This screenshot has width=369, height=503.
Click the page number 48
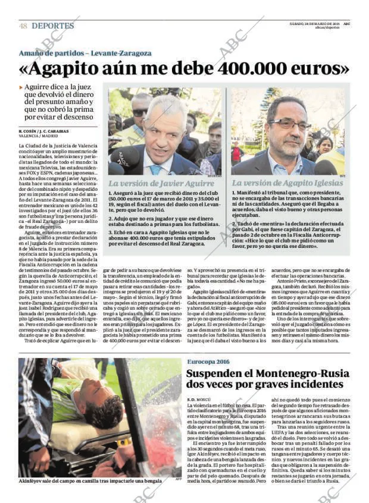[x=23, y=26]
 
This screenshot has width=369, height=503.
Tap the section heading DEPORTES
[x=53, y=26]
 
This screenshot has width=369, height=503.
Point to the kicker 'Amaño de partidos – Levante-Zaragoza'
[x=85, y=53]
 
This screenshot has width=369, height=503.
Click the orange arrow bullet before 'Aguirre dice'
[x=21, y=87]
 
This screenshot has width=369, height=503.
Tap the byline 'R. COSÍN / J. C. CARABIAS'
[x=42, y=131]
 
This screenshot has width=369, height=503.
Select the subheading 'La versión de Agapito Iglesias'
[x=287, y=183]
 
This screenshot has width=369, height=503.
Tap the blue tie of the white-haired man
[x=156, y=169]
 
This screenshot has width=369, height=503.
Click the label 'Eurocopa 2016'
[x=208, y=361]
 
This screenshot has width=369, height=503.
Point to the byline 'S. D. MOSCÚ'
[x=200, y=399]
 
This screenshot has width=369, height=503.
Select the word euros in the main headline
[x=318, y=69]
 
